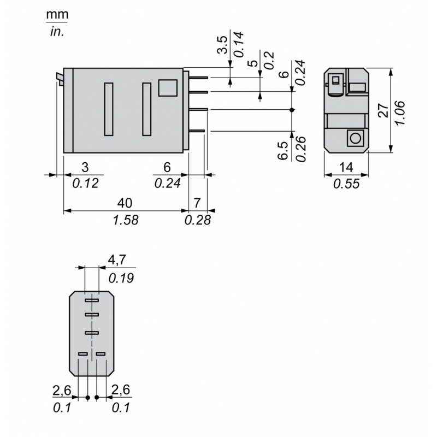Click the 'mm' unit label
pyautogui.click(x=57, y=15)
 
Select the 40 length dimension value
pyautogui.click(x=125, y=203)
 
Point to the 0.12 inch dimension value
pyautogui.click(x=85, y=184)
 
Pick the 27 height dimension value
pyautogui.click(x=384, y=110)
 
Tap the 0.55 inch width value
pyautogui.click(x=346, y=184)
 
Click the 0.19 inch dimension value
pyautogui.click(x=121, y=279)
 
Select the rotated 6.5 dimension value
pyautogui.click(x=283, y=151)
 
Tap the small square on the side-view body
pyautogui.click(x=168, y=87)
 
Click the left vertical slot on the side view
pyautogui.click(x=109, y=109)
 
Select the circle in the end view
pyautogui.click(x=356, y=138)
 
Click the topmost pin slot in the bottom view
pyautogui.click(x=91, y=300)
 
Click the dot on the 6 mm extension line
pyautogui.click(x=292, y=110)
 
